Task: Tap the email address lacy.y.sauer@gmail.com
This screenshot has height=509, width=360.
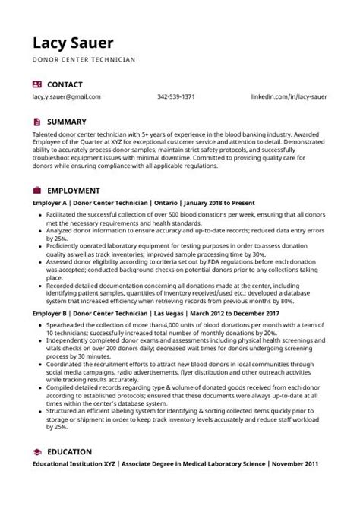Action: click(x=67, y=96)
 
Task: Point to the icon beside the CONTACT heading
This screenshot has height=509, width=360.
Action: click(x=36, y=82)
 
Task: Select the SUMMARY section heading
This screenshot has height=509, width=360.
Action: click(x=65, y=121)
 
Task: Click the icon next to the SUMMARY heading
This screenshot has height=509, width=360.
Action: click(x=36, y=121)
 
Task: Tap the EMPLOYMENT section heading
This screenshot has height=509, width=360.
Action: click(x=73, y=190)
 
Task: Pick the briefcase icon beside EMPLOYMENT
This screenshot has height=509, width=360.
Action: click(x=36, y=190)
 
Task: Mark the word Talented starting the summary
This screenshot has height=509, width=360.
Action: click(x=46, y=133)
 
